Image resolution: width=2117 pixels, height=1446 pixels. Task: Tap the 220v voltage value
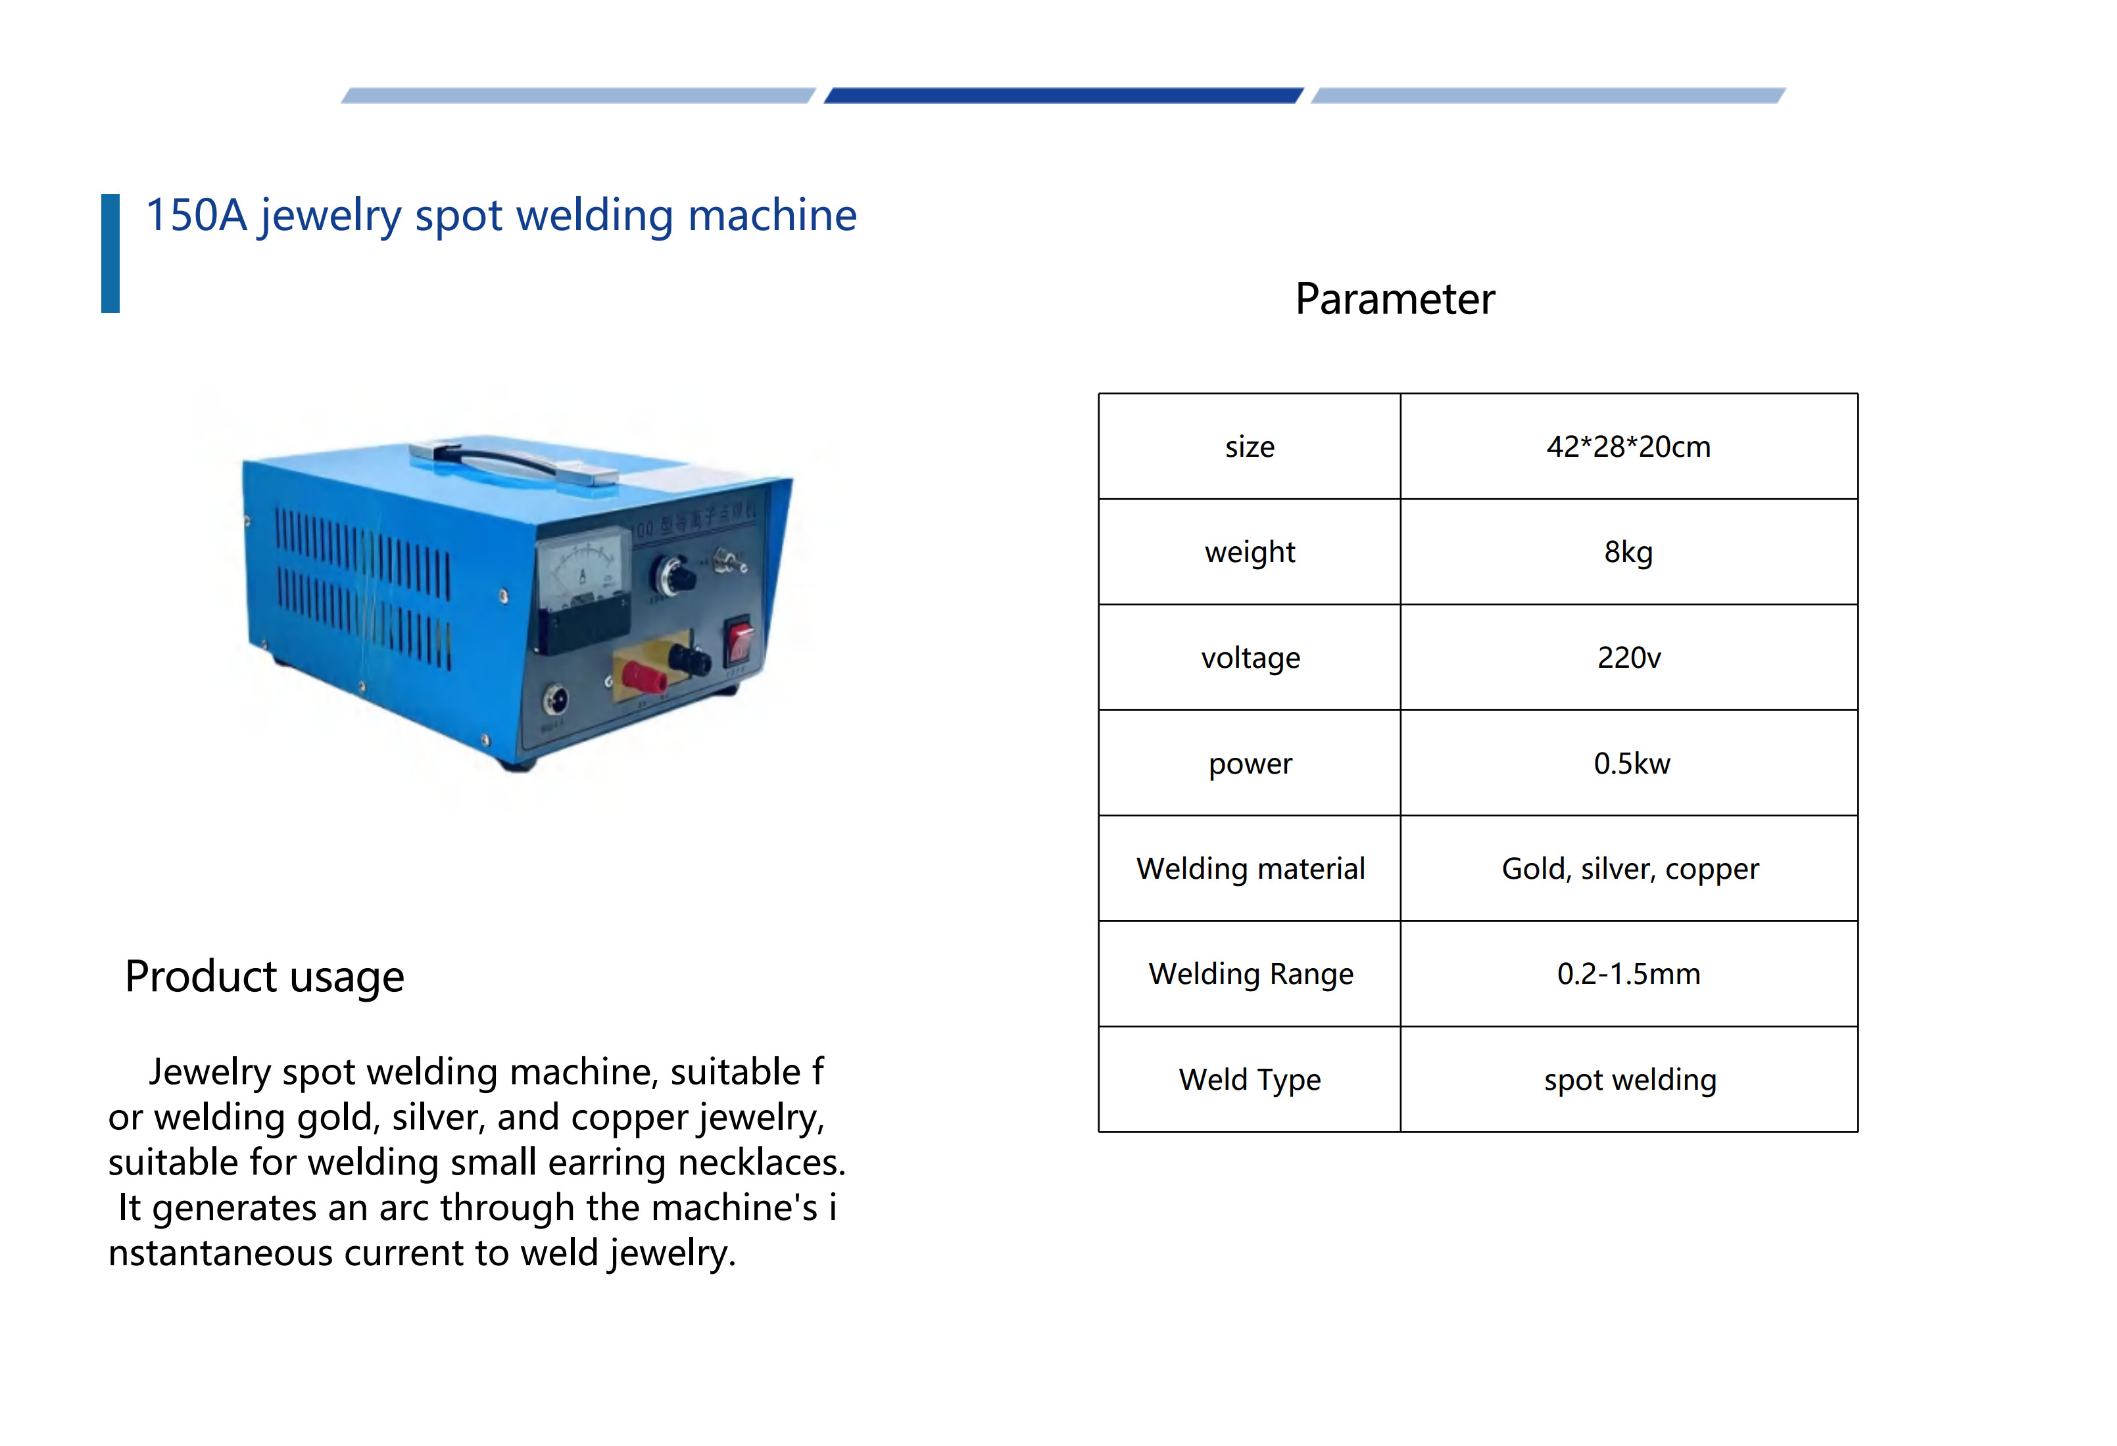[x=1629, y=657]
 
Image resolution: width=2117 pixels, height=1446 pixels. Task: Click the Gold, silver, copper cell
[x=1630, y=869]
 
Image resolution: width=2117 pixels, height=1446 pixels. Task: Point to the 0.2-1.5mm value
[x=1629, y=973]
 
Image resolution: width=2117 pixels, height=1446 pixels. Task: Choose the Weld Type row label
[x=1250, y=1080]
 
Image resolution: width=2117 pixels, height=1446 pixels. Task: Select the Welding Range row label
[x=1251, y=974]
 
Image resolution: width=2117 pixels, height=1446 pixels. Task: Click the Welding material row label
[x=1251, y=869]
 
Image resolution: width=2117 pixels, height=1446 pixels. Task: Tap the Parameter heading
[x=1395, y=298]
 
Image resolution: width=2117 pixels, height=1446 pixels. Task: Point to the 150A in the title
[x=197, y=216]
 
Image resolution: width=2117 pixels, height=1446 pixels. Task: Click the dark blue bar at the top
[x=1063, y=95]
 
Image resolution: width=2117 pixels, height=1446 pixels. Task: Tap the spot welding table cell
[x=1630, y=1080]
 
